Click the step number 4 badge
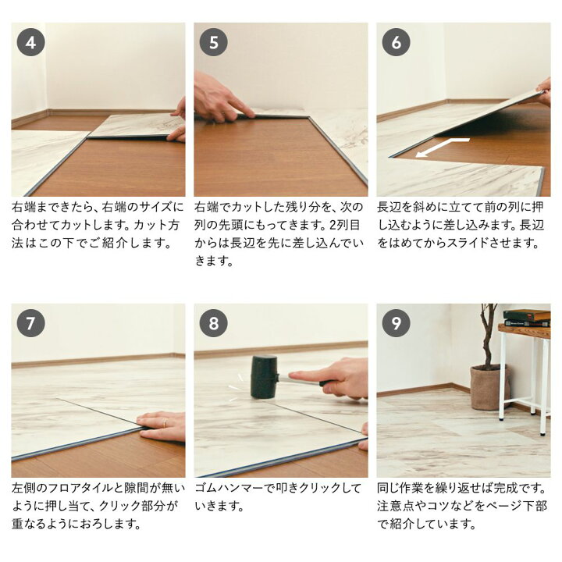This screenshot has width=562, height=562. click(x=30, y=42)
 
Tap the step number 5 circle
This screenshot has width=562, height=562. click(x=214, y=42)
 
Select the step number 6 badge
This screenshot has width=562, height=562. click(x=396, y=42)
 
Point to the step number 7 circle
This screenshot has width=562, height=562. click(x=30, y=323)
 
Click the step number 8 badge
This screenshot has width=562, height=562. click(x=214, y=323)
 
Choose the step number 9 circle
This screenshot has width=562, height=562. click(x=396, y=323)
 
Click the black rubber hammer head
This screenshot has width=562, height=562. click(x=265, y=377)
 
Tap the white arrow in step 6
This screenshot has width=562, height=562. click(x=443, y=147)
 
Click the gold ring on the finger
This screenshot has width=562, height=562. click(x=165, y=423)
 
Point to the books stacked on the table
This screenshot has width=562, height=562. click(x=527, y=318)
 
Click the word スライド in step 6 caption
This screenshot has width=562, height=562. click(x=486, y=243)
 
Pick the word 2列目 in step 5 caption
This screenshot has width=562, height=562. click(x=344, y=225)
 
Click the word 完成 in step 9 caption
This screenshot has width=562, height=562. click(x=506, y=488)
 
